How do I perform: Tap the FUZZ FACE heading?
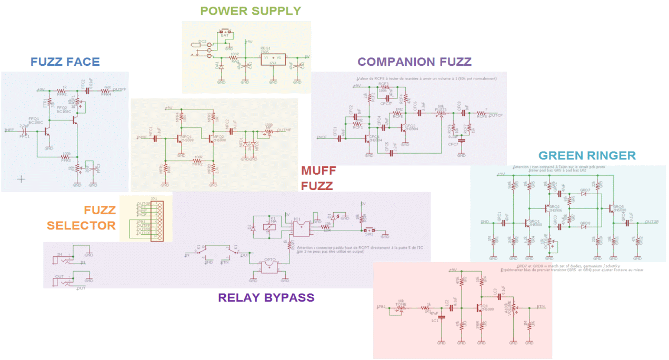click(65, 62)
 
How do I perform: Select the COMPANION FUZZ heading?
click(414, 62)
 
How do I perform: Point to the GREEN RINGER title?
click(587, 155)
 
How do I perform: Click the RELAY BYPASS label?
click(266, 297)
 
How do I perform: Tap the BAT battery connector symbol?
click(225, 35)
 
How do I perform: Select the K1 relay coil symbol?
click(273, 224)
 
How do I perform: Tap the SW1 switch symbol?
click(367, 231)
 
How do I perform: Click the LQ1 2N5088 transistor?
click(480, 307)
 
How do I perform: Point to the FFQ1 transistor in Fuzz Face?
click(47, 128)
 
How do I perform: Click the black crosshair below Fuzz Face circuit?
click(21, 179)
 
